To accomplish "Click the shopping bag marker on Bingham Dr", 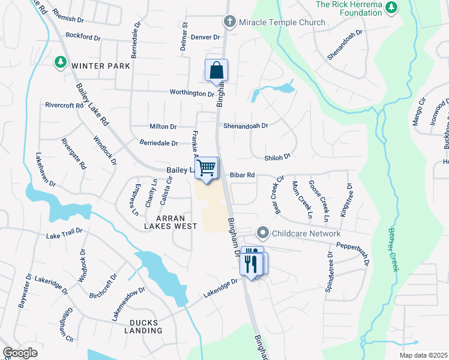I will pos(216,70).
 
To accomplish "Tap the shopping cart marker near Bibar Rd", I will pos(206,168).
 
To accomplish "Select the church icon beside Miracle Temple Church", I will pos(229,22).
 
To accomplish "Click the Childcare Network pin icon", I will pos(262,233).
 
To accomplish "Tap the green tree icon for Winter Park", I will pos(60,62).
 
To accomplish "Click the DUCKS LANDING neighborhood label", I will pos(143,326).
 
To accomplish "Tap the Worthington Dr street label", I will pos(191,94).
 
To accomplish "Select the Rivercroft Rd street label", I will pos(64,105).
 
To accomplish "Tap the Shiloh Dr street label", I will pos(277,157).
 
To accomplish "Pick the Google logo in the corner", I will pos(20,353).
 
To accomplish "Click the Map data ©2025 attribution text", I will pos(423,355).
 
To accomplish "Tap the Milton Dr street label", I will pos(163,127).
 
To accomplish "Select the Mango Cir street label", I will pos(418,111).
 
